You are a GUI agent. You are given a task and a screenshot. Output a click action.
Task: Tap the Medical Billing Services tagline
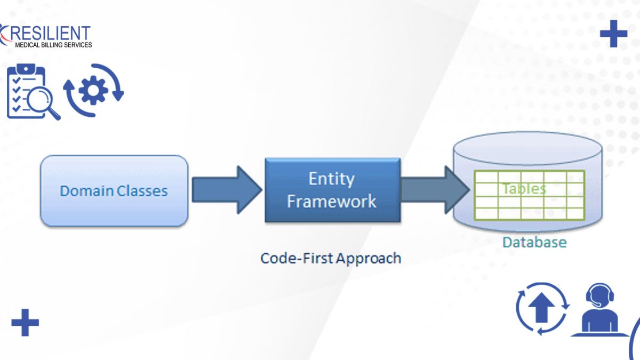tap(53, 45)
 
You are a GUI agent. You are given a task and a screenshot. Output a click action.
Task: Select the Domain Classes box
tap(114, 191)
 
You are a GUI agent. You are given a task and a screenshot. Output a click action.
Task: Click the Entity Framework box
tap(333, 190)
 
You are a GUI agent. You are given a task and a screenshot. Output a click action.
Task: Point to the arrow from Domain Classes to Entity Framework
tap(227, 190)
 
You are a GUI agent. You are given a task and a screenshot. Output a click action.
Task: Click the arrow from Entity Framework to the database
tap(435, 190)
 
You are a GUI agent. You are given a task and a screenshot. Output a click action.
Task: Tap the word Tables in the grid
tap(524, 189)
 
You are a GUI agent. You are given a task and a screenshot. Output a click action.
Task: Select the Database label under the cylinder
tap(534, 242)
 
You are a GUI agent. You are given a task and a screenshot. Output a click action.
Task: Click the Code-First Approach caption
tap(331, 258)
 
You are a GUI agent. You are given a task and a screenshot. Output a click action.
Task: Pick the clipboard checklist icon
tap(26, 91)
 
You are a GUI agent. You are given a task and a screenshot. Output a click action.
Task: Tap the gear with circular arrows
tap(93, 90)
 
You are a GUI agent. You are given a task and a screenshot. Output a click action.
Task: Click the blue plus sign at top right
tap(613, 34)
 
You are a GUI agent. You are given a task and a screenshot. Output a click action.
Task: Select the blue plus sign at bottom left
tap(25, 323)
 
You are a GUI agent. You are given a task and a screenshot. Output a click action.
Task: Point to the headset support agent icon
tap(599, 309)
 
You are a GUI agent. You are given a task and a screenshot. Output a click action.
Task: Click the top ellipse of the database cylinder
tap(527, 149)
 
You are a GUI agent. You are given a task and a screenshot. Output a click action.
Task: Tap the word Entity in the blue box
tap(331, 179)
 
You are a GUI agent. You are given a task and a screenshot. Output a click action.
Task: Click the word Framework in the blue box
tap(331, 201)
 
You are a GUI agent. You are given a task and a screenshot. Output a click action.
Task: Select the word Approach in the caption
tap(369, 259)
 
